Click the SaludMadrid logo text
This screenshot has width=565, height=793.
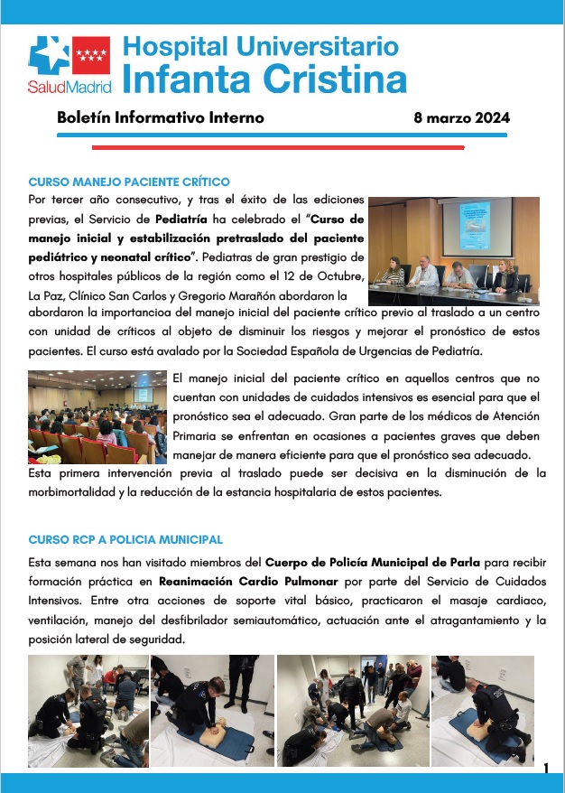click(x=69, y=88)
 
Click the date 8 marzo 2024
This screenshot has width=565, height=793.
click(x=461, y=118)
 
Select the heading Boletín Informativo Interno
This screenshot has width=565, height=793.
click(x=160, y=118)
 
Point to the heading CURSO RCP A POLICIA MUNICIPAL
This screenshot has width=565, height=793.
click(x=125, y=539)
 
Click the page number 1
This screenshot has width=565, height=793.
click(x=545, y=768)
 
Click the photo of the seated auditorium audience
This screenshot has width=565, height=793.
click(x=97, y=416)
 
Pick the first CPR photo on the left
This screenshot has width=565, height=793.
click(x=86, y=711)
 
